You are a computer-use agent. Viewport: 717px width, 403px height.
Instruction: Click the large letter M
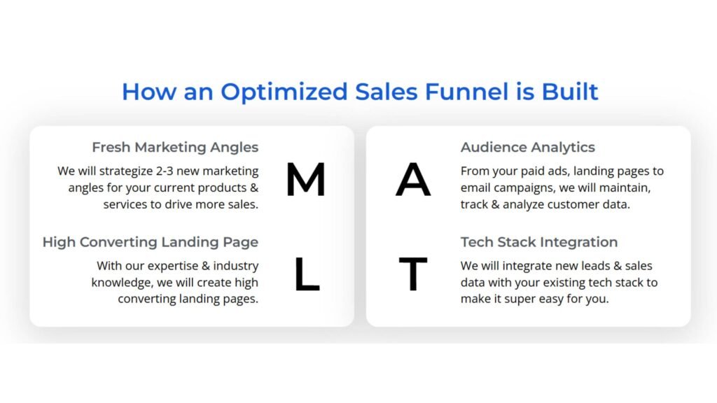coord(305,180)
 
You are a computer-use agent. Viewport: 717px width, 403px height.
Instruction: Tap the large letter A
coord(413,180)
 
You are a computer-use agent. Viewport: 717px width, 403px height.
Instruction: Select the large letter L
coord(306,274)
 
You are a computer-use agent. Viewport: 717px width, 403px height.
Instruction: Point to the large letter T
coord(413,274)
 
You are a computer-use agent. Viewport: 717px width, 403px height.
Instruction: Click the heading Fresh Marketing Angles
coord(175,148)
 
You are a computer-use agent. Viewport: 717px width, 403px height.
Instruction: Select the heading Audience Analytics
coord(527,148)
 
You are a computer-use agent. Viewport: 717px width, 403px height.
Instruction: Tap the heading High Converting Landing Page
coord(150,242)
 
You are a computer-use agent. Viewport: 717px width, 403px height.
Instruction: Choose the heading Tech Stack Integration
coord(538,242)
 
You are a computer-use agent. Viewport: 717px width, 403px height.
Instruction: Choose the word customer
coord(576,205)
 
